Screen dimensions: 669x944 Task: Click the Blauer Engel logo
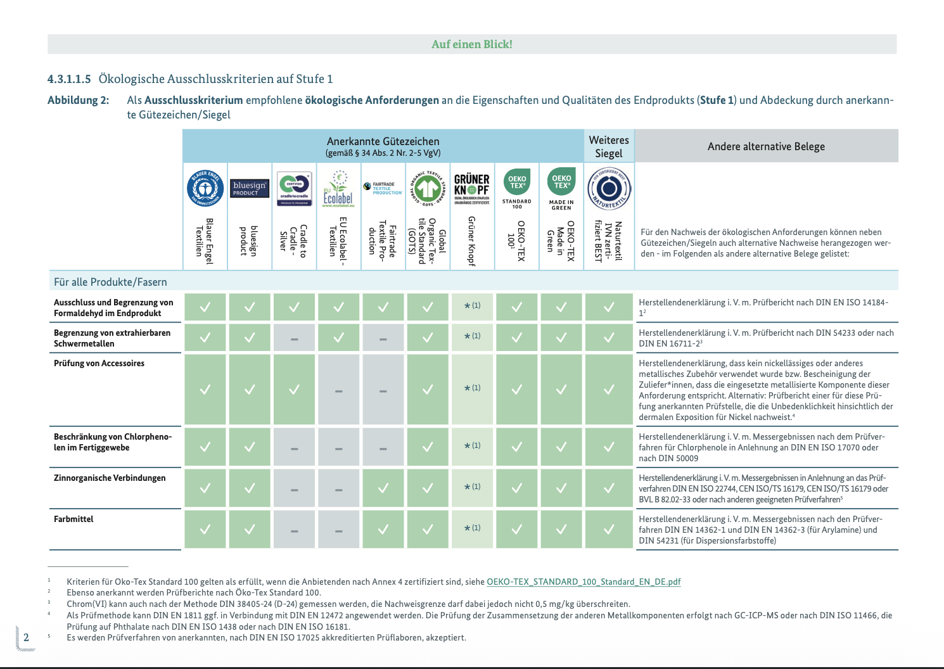pyautogui.click(x=205, y=188)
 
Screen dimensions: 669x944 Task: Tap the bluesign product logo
pyautogui.click(x=249, y=188)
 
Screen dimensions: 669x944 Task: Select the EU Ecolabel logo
pyautogui.click(x=338, y=188)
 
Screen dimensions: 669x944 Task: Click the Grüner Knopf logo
pyautogui.click(x=472, y=188)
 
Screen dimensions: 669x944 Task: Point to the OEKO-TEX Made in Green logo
pyautogui.click(x=561, y=188)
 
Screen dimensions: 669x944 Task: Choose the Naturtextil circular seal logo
pyautogui.click(x=609, y=188)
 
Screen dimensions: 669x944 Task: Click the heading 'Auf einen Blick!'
pyautogui.click(x=472, y=44)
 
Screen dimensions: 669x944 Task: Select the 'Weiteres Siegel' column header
pyautogui.click(x=609, y=146)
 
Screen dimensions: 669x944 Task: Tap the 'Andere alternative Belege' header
pyautogui.click(x=766, y=146)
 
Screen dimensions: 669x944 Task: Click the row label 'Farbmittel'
pyautogui.click(x=73, y=519)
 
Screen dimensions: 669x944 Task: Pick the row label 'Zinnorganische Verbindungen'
pyautogui.click(x=110, y=478)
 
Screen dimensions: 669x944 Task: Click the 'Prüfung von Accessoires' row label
pyautogui.click(x=99, y=363)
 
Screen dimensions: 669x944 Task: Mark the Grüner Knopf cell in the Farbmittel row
pyautogui.click(x=472, y=528)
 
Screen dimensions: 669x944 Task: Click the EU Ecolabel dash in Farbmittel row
pyautogui.click(x=339, y=530)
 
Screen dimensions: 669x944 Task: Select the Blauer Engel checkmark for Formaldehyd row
pyautogui.click(x=205, y=307)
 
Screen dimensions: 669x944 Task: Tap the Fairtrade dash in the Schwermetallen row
pyautogui.click(x=383, y=339)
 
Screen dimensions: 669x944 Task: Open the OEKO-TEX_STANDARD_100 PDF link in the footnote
pyautogui.click(x=584, y=582)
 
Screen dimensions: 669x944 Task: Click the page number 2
pyautogui.click(x=26, y=637)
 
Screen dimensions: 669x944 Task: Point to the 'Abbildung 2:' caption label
pyautogui.click(x=78, y=100)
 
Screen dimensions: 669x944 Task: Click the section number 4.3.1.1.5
pyautogui.click(x=69, y=79)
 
